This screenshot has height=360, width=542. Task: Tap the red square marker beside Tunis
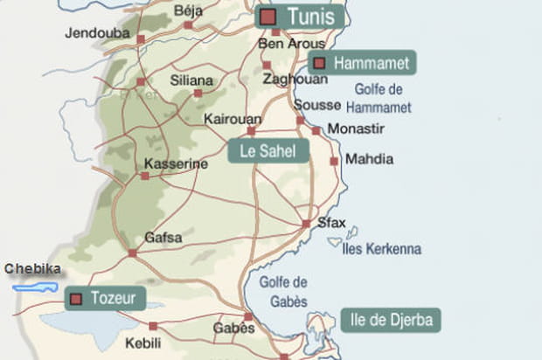[268, 17]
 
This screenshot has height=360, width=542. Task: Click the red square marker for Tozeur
[76, 299]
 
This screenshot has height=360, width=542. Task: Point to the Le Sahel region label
[268, 151]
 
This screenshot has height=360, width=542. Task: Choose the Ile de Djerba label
[390, 319]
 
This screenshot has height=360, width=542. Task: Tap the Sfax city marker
[306, 224]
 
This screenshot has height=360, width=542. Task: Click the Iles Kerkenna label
[382, 249]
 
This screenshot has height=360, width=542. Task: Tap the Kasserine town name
[175, 163]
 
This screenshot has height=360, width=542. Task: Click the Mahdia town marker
[334, 161]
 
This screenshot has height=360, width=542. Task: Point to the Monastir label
[355, 129]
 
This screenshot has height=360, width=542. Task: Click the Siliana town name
[191, 79]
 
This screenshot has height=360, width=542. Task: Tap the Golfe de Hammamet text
[379, 98]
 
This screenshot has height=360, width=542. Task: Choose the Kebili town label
[144, 343]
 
